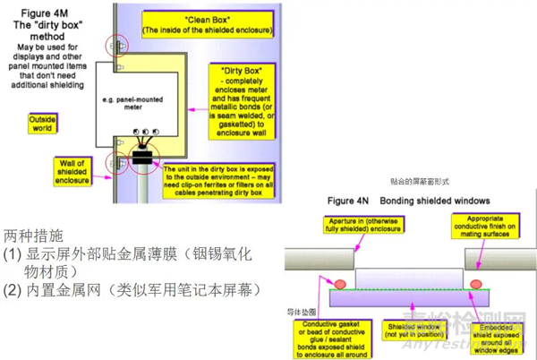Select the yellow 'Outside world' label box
point(43,124)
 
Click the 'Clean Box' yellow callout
point(213,23)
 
